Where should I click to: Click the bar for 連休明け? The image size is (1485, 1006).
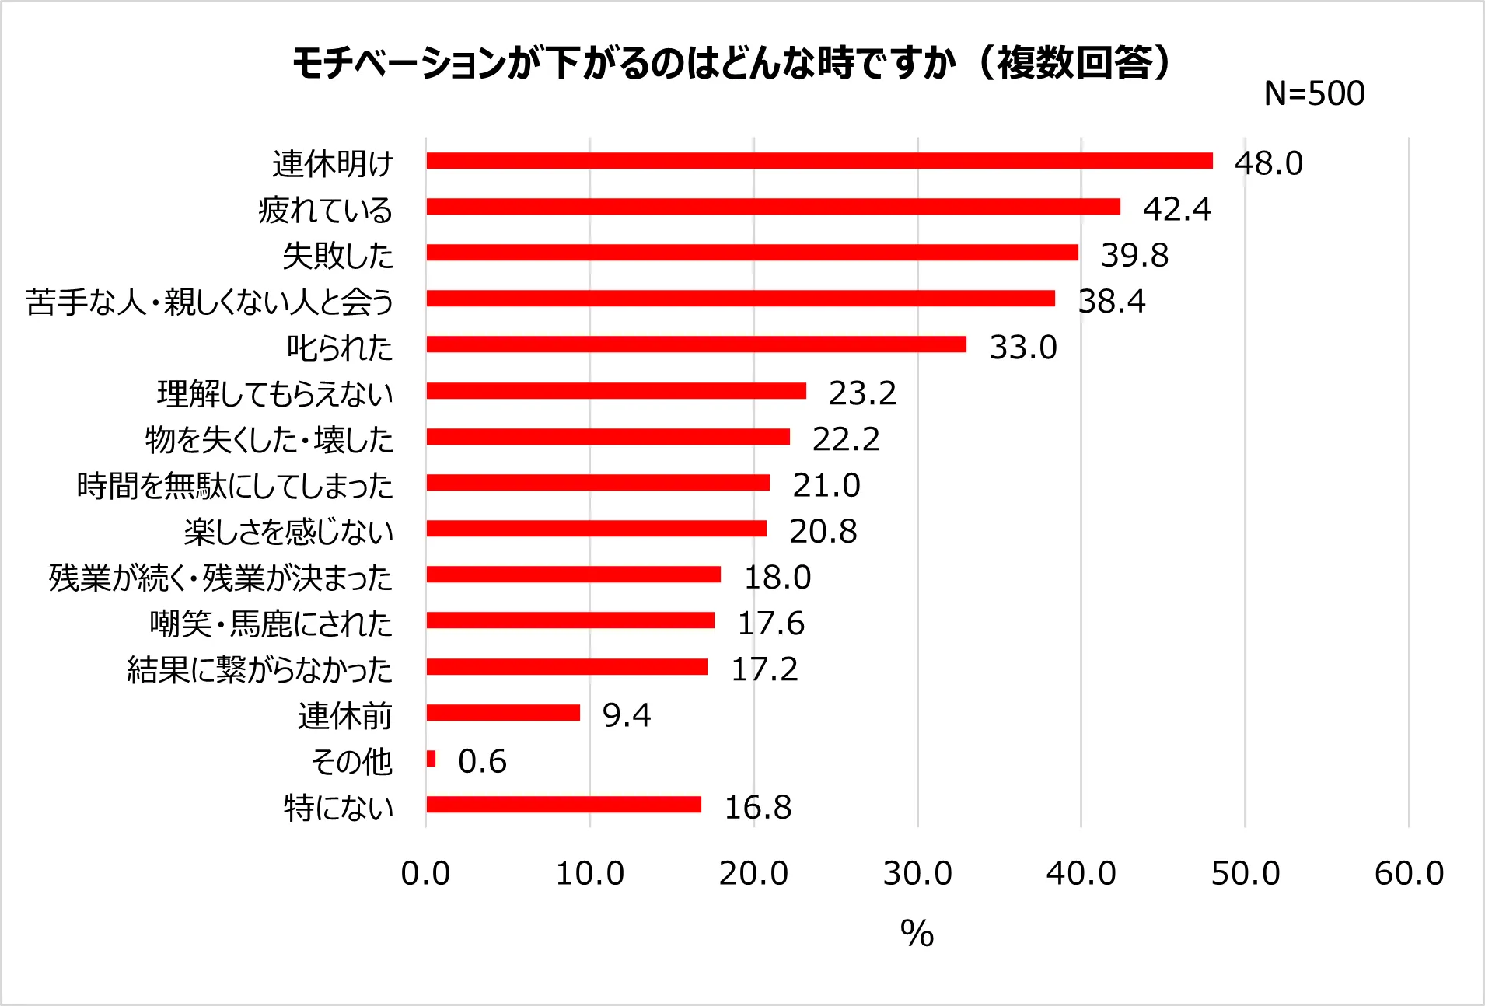coord(819,161)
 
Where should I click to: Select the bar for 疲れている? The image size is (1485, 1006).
coord(773,207)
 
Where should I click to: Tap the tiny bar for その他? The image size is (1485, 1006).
coord(431,759)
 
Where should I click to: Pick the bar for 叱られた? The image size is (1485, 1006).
coord(696,344)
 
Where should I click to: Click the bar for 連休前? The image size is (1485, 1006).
coord(503,713)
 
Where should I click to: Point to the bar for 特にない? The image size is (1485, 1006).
coord(564,805)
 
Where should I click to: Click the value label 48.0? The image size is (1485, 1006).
coord(1268,163)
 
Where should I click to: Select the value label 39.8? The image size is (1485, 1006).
coord(1134,255)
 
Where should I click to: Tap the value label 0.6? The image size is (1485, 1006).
coord(482,761)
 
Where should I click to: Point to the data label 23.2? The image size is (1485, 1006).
coord(862,393)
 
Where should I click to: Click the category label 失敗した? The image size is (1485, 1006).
coord(338,256)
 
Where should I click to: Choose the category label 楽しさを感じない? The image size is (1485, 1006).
coord(288,532)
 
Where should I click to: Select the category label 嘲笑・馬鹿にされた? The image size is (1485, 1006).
coord(271,624)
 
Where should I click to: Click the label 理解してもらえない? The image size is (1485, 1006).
coord(275,393)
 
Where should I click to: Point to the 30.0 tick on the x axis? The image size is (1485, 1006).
coord(917,874)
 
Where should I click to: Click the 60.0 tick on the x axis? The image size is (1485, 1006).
coord(1409,874)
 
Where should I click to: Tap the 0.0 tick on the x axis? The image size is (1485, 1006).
coord(425,874)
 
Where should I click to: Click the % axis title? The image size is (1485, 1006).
coord(917,933)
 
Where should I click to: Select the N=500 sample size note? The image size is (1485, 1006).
coord(1314,93)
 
